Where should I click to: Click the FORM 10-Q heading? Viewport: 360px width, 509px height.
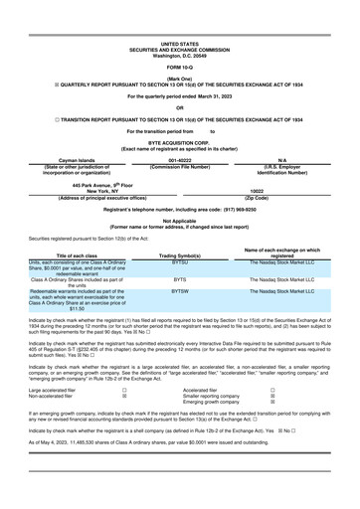[x=180, y=67]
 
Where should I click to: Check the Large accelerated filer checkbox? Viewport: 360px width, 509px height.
[x=123, y=391]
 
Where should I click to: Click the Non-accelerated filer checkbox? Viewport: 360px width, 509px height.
[x=123, y=397]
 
